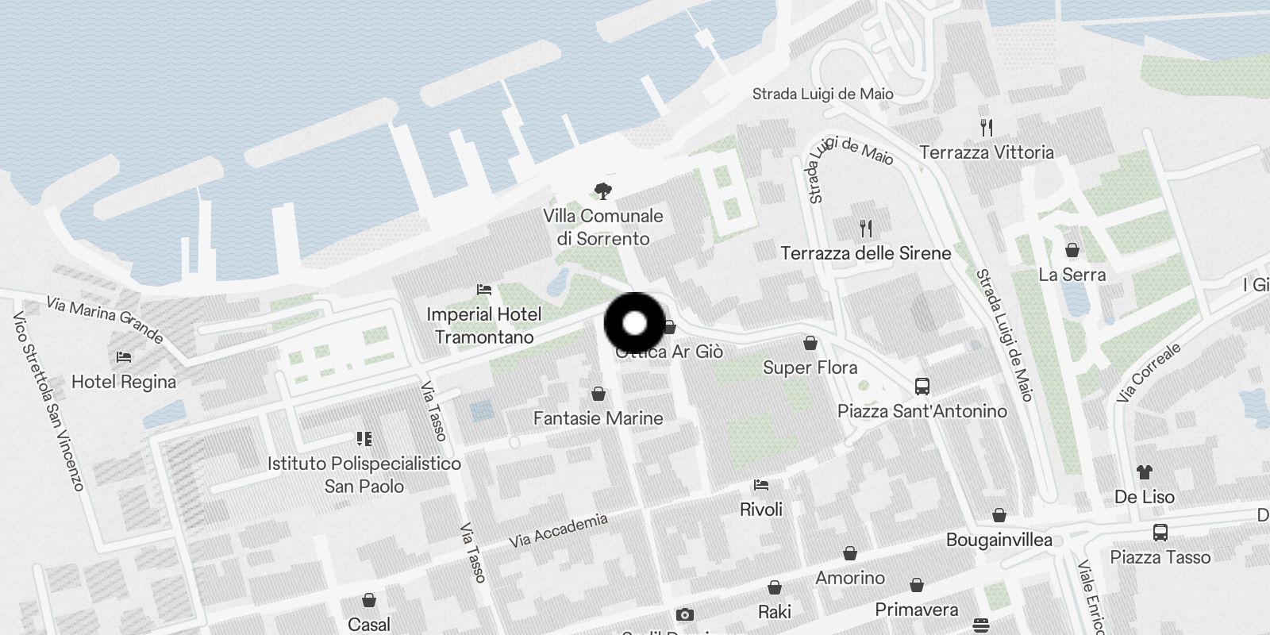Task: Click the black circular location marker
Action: click(634, 323)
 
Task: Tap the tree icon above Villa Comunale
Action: click(602, 190)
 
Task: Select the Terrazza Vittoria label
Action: click(986, 152)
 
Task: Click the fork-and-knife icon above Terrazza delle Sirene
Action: click(866, 229)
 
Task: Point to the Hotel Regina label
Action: click(124, 382)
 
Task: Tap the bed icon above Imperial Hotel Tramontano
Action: click(483, 290)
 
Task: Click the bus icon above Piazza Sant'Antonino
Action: click(922, 387)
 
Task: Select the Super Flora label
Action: click(810, 368)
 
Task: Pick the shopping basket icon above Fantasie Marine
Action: click(598, 394)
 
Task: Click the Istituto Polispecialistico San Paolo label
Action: click(364, 475)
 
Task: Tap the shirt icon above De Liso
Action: click(1144, 472)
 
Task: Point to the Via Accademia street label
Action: click(558, 531)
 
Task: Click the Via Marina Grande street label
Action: click(105, 319)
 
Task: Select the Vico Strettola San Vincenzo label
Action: click(48, 401)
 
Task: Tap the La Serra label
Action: click(1072, 275)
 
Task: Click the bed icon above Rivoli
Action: click(761, 484)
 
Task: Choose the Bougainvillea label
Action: click(999, 540)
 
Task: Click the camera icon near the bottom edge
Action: click(684, 615)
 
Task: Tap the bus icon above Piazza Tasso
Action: click(1160, 532)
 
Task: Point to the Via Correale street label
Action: click(1149, 372)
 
